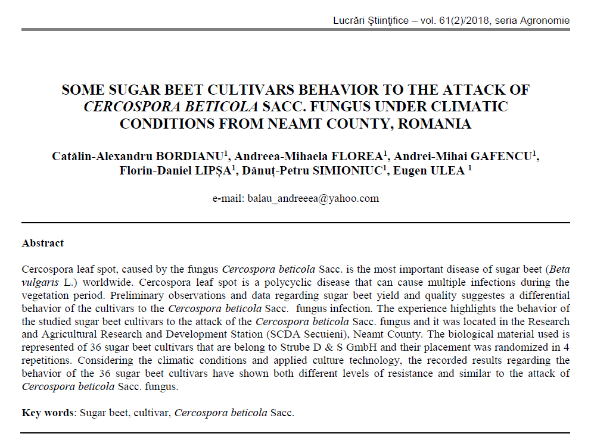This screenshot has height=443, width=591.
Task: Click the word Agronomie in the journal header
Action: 543,21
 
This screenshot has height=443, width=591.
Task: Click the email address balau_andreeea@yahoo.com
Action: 313,199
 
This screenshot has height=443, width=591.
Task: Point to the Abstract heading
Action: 43,243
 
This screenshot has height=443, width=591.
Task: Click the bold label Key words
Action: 47,413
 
